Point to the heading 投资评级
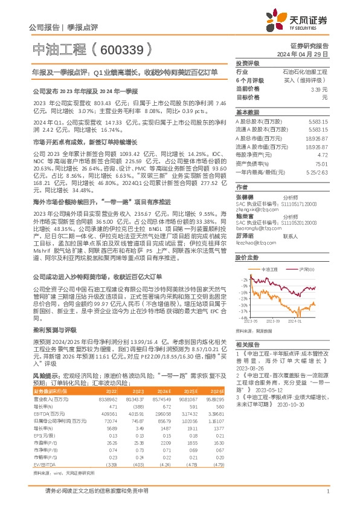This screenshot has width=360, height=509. pyautogui.click(x=247, y=63)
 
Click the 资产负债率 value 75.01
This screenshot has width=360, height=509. pyautogui.click(x=321, y=163)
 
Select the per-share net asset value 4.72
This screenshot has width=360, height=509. pyautogui.click(x=323, y=155)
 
